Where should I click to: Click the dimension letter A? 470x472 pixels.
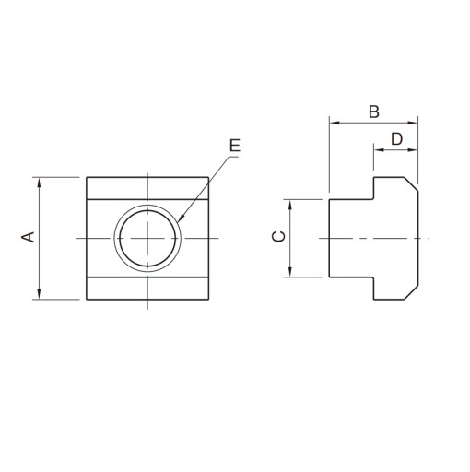(x=28, y=237)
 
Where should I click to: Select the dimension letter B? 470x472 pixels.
(x=374, y=112)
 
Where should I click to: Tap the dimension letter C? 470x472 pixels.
(x=279, y=237)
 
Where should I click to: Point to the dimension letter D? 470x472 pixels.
(x=396, y=139)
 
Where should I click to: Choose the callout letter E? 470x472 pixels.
(x=235, y=146)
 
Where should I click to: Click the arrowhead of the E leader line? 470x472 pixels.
(x=180, y=218)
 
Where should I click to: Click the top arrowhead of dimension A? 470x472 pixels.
(x=39, y=183)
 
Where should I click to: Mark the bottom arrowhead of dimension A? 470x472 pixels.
(x=39, y=294)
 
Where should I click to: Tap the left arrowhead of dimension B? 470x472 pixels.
(x=334, y=123)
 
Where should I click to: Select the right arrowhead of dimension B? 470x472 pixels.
(x=413, y=123)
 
